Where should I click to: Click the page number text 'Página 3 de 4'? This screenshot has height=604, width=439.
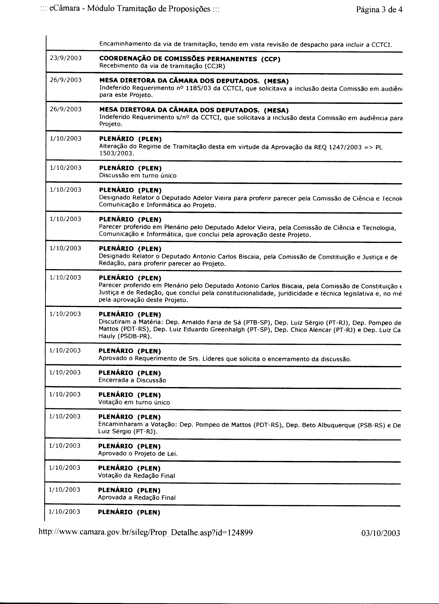(379, 10)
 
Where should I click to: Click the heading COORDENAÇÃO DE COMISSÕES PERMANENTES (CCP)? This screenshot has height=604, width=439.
(190, 59)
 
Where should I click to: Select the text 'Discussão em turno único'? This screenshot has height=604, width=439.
(138, 175)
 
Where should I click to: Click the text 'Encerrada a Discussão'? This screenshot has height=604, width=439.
(132, 380)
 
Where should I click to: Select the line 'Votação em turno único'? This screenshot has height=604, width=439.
(134, 402)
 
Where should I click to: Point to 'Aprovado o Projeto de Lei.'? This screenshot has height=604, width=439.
(138, 454)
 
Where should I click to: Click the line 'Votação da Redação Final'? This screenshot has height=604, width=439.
(136, 476)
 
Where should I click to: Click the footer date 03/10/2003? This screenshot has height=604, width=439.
(380, 533)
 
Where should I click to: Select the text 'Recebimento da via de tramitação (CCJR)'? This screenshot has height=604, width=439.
(162, 66)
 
